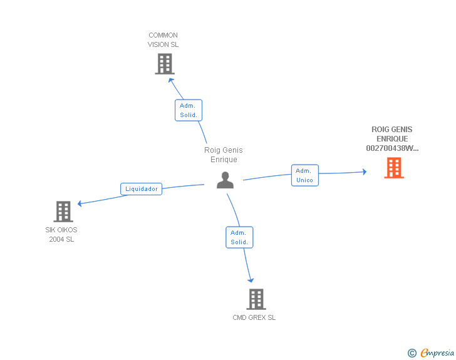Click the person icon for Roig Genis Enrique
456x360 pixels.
click(225, 180)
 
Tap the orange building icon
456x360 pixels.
click(394, 168)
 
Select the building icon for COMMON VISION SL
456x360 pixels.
click(165, 64)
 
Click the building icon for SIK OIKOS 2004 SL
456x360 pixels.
click(63, 212)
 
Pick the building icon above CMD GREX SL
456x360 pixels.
click(256, 299)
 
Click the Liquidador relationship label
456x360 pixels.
click(142, 189)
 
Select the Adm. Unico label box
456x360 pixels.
click(305, 175)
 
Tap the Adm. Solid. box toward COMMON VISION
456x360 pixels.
click(189, 110)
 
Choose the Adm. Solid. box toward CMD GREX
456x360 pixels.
click(239, 237)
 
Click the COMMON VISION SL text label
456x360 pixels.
click(163, 40)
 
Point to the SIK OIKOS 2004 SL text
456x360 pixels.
click(61, 234)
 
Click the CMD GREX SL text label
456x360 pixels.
click(254, 317)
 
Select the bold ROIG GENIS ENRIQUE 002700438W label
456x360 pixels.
click(392, 139)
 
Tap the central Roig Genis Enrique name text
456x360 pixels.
click(224, 155)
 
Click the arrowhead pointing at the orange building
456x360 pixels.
click(365, 172)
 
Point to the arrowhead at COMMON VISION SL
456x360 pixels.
click(171, 80)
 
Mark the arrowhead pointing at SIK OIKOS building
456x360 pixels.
click(80, 203)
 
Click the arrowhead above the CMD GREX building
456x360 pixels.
click(251, 280)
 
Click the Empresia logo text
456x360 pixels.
click(437, 352)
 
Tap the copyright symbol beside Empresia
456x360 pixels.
click(412, 353)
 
